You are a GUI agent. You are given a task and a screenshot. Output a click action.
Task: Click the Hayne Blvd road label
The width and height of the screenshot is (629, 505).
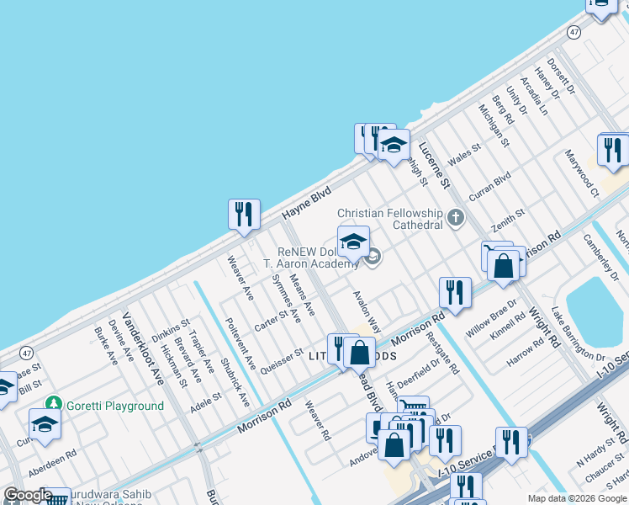[306, 204]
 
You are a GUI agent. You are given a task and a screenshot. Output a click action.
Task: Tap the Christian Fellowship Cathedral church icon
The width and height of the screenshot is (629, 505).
[456, 219]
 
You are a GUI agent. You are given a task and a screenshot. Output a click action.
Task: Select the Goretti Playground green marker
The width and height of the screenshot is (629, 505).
[54, 406]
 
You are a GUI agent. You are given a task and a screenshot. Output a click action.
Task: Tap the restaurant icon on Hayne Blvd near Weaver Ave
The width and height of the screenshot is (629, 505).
[244, 214]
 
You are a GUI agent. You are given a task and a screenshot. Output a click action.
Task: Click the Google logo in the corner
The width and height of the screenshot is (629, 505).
[28, 495]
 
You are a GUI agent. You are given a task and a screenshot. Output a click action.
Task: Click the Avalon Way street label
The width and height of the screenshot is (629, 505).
[367, 312]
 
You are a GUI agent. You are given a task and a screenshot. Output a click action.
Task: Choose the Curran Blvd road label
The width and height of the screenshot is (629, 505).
[489, 186]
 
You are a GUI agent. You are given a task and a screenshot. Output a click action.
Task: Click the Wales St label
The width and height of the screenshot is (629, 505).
[464, 154]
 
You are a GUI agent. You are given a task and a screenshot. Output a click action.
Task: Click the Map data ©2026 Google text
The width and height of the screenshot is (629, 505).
[576, 498]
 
